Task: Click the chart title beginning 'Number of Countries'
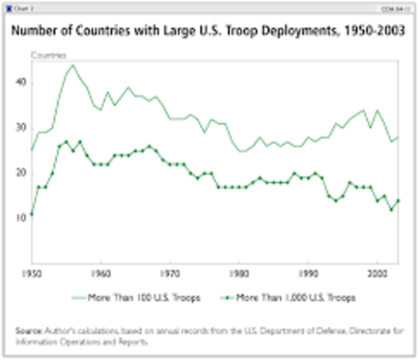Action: [209, 34]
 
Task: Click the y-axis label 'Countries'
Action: [49, 55]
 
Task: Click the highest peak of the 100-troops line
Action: [73, 64]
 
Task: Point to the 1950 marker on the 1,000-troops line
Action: [31, 214]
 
